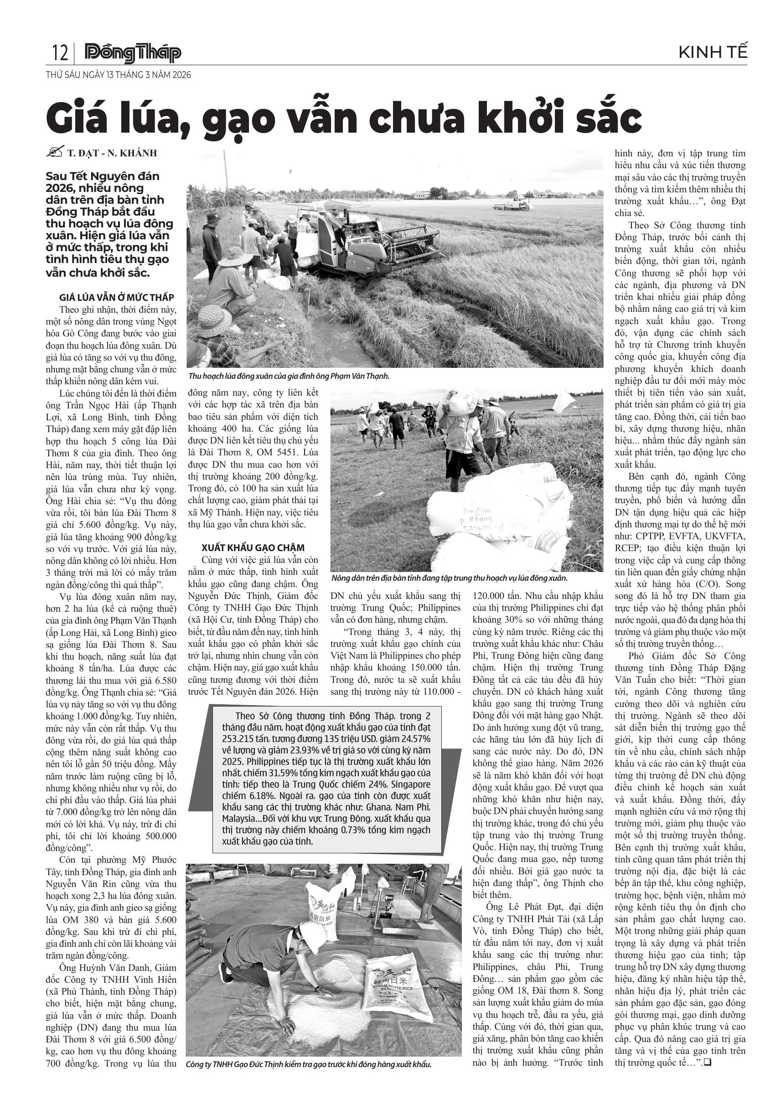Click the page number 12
[60, 52]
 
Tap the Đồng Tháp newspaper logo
[133, 53]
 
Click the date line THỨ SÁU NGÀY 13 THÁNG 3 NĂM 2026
[118, 75]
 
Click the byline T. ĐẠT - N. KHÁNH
[112, 154]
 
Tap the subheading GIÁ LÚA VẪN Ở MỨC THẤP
[116, 297]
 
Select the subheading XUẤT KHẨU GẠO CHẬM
[253, 548]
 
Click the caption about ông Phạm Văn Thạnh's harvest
[289, 377]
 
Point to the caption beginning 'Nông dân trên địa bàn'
[449, 578]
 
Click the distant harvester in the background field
[512, 203]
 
